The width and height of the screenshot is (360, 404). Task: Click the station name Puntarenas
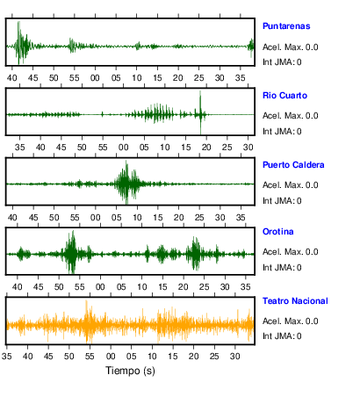pos(286,26)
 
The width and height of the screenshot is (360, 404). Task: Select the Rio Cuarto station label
pos(284,96)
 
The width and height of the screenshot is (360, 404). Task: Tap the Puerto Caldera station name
pos(293,165)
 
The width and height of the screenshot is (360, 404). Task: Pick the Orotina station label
pos(277,232)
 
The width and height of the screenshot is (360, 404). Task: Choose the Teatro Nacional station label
pos(295,301)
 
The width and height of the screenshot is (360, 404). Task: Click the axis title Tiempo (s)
pos(130,371)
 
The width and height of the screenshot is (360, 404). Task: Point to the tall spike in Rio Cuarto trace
pos(200,112)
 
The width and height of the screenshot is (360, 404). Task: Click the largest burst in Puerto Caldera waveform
pos(126,183)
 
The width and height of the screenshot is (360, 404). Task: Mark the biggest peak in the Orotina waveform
pos(72,252)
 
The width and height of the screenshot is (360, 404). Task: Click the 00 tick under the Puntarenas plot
pos(95,78)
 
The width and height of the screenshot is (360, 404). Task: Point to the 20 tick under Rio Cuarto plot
pos(206,148)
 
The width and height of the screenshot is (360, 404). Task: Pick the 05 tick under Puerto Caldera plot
pos(116,218)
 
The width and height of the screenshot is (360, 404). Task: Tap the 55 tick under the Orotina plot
pos(79,287)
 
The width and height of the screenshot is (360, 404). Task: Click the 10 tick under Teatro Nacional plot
pos(152,357)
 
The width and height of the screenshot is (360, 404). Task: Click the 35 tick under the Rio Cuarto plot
pos(20,148)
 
